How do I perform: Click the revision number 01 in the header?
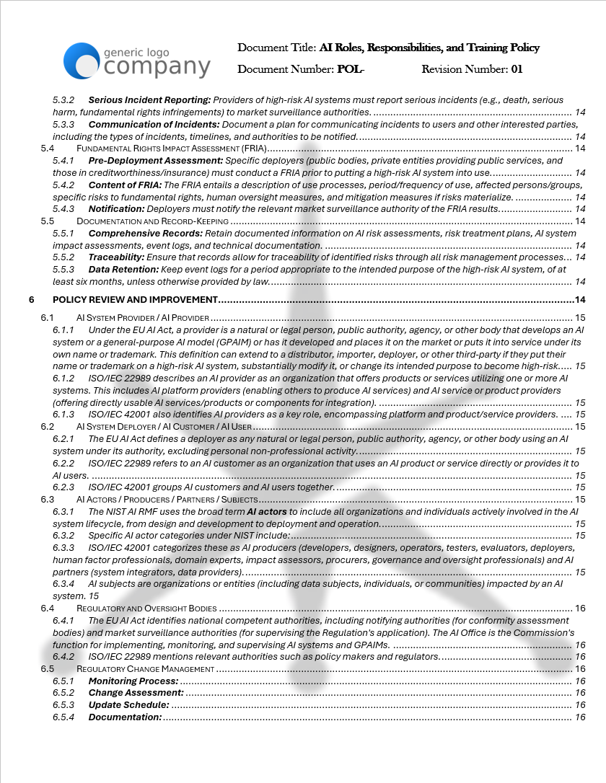click(x=517, y=70)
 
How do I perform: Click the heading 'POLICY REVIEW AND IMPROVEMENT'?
click(x=135, y=299)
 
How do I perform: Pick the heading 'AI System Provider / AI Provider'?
click(x=143, y=318)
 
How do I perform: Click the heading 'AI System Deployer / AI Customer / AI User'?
click(x=164, y=427)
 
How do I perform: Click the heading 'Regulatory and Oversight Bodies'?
click(x=146, y=609)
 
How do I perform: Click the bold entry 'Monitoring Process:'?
click(x=133, y=681)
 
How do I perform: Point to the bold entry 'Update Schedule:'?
click(x=128, y=705)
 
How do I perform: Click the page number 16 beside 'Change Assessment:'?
click(x=580, y=694)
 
